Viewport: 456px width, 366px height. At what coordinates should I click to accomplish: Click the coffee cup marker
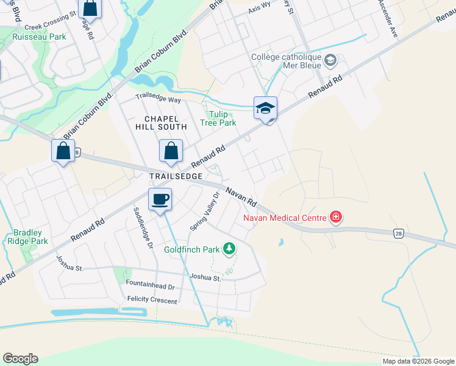pos(160,199)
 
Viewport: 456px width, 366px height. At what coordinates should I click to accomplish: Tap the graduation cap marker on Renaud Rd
pos(266,108)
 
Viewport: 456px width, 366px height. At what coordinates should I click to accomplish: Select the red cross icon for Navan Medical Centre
pos(335,217)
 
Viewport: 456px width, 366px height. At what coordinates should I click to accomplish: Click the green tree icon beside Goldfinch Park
pos(229,248)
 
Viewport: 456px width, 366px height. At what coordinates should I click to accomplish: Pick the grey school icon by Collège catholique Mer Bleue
pos(330,60)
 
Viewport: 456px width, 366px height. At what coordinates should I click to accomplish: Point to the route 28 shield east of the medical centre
pos(398,233)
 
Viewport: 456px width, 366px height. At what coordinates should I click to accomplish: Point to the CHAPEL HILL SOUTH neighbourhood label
pos(165,123)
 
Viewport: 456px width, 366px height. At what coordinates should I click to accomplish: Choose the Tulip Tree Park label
pos(218,118)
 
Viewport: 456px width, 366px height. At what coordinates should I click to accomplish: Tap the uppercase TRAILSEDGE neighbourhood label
pos(176,176)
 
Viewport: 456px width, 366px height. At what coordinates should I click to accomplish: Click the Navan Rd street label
pos(241,196)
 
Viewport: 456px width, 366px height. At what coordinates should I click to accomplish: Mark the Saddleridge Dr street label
pos(142,226)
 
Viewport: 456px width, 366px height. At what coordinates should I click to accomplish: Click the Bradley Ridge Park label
pos(28,237)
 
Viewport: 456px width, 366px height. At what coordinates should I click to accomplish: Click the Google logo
pos(20,359)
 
